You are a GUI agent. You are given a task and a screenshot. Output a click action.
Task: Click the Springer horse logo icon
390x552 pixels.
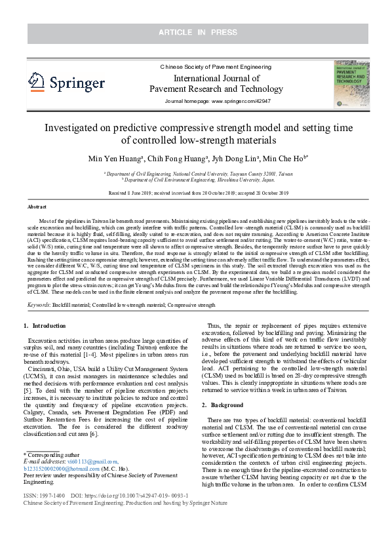[x=36, y=81]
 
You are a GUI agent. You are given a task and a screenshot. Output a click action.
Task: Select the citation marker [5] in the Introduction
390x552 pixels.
[x=27, y=389]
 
